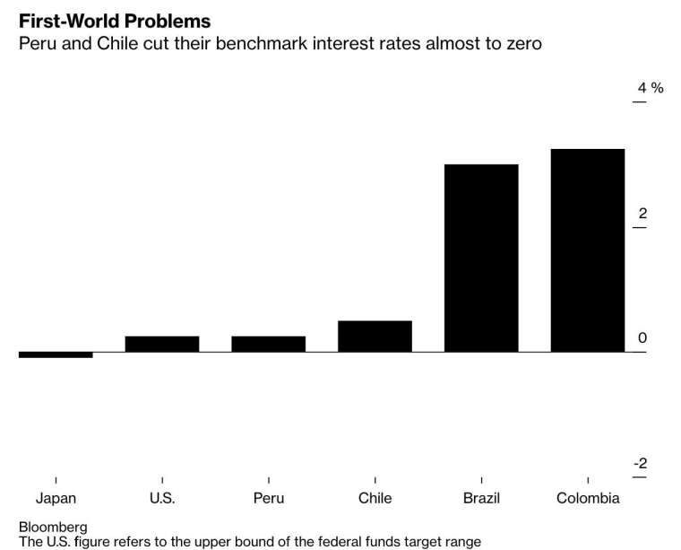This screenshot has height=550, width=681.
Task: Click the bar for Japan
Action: [x=56, y=354]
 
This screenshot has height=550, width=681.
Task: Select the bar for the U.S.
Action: [x=162, y=344]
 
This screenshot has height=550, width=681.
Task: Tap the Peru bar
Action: [x=268, y=344]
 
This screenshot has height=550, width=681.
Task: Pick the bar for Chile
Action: [x=375, y=336]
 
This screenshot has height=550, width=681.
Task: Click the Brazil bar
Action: [x=481, y=258]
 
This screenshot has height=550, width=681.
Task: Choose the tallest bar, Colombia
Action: [x=588, y=250]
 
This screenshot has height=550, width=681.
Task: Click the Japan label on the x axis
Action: [x=56, y=499]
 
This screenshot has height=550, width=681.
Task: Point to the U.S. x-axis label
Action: [x=162, y=499]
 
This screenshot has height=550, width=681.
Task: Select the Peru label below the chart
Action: [x=268, y=499]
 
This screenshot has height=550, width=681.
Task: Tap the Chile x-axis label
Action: [x=375, y=499]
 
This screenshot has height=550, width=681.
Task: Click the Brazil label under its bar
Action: [x=481, y=499]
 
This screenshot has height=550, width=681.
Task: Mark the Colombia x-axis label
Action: [x=588, y=499]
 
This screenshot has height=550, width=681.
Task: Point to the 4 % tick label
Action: [x=650, y=88]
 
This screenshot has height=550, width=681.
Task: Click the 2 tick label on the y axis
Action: [x=642, y=214]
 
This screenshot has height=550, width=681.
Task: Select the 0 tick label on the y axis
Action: [x=642, y=338]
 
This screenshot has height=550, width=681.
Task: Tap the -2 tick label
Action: [x=640, y=464]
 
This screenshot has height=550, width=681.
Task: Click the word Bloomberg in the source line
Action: [x=53, y=527]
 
